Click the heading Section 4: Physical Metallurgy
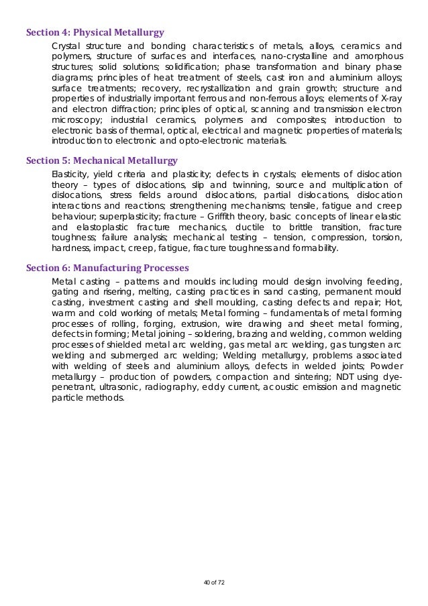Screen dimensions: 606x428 [x=95, y=32]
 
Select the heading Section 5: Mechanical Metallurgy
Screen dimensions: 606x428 [x=101, y=160]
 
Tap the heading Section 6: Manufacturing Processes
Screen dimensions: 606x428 [x=107, y=268]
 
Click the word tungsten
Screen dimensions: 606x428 [x=366, y=346]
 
